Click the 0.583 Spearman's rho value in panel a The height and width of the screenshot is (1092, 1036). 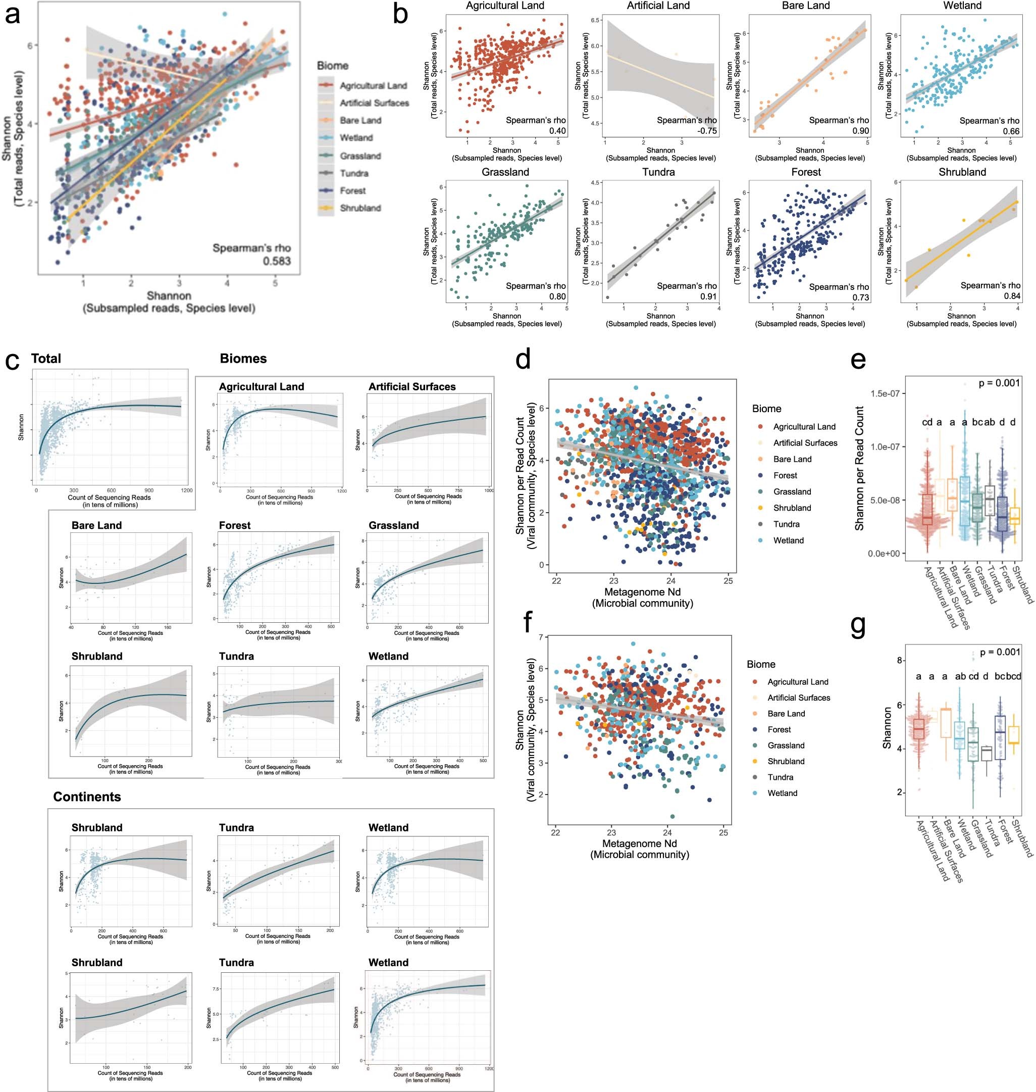pos(276,261)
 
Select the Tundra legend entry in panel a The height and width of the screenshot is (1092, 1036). pos(353,173)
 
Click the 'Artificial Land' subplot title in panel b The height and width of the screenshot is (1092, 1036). pos(658,6)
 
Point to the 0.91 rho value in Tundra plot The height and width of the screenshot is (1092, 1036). pos(707,296)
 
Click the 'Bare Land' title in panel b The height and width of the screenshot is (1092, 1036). pos(806,6)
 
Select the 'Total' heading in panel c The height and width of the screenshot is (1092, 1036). pos(46,359)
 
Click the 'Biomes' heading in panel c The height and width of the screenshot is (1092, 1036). pos(243,359)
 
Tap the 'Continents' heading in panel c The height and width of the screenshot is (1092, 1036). pos(87,797)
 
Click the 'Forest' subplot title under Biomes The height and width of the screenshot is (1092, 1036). pos(235,525)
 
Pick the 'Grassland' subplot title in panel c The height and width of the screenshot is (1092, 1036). pos(393,525)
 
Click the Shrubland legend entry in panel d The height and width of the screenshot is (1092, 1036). pos(792,508)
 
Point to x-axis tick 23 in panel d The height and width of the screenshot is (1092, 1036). pos(613,580)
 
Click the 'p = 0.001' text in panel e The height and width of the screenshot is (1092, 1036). pos(999,383)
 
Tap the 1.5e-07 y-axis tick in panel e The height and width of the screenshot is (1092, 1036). pos(885,394)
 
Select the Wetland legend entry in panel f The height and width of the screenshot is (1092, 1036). pos(782,793)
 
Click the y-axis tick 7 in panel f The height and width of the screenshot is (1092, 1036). pos(541,637)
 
